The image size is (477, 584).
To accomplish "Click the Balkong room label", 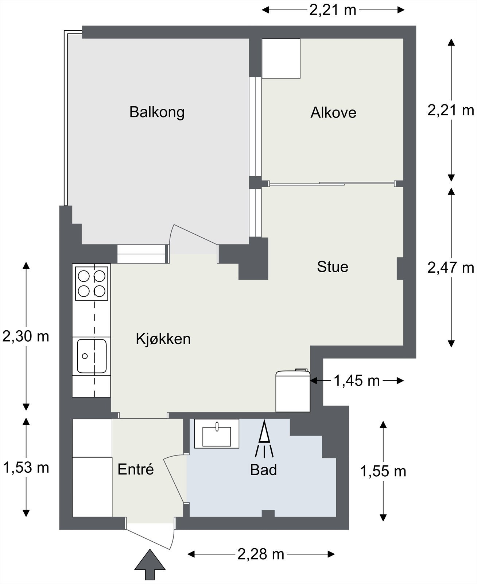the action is (157, 112).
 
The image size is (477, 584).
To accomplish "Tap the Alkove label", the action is (333, 112).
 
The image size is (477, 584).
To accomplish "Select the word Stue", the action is (333, 267).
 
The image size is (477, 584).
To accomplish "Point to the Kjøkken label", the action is (163, 339).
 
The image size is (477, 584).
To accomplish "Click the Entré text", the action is (136, 469).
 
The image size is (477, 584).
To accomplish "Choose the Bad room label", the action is (263, 470).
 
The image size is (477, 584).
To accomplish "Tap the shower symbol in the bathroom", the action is (264, 438).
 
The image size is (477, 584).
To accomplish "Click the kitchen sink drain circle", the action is (85, 356).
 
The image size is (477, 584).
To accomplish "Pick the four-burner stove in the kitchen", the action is (92, 284).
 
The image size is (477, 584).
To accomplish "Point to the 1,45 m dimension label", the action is (357, 381).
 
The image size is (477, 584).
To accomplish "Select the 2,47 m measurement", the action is (451, 268).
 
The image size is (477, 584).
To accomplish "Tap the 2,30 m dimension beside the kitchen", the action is (26, 337).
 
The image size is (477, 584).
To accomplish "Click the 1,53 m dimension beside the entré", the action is (26, 468).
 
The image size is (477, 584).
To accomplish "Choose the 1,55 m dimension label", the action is (383, 471).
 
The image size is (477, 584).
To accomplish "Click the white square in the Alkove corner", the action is (281, 58).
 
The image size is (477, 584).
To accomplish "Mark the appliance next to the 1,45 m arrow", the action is (293, 391).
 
